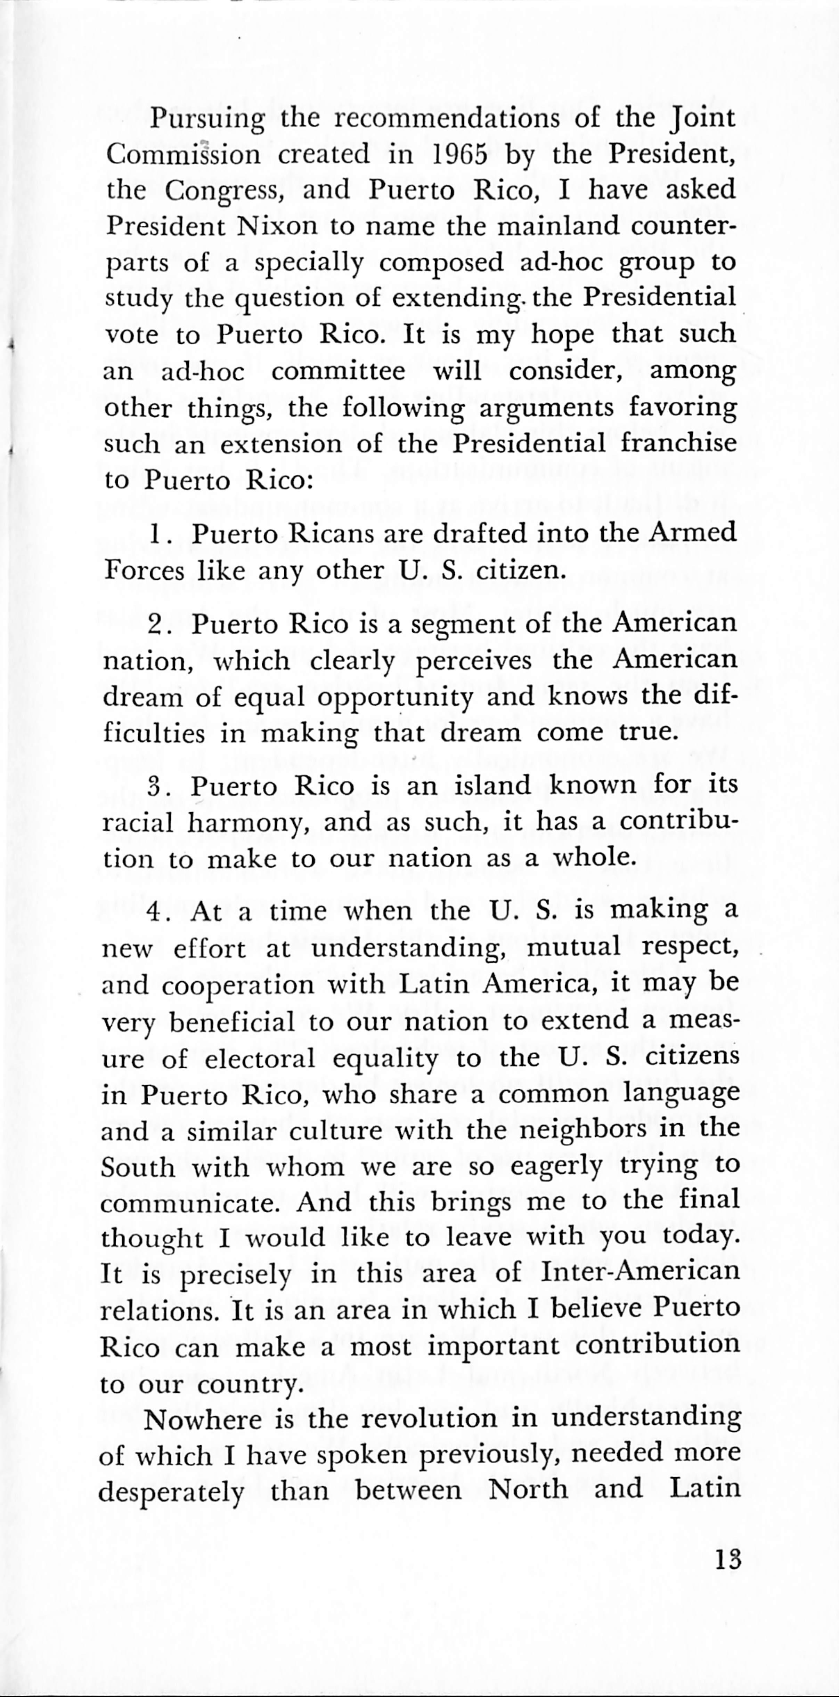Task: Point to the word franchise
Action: [x=678, y=442]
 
